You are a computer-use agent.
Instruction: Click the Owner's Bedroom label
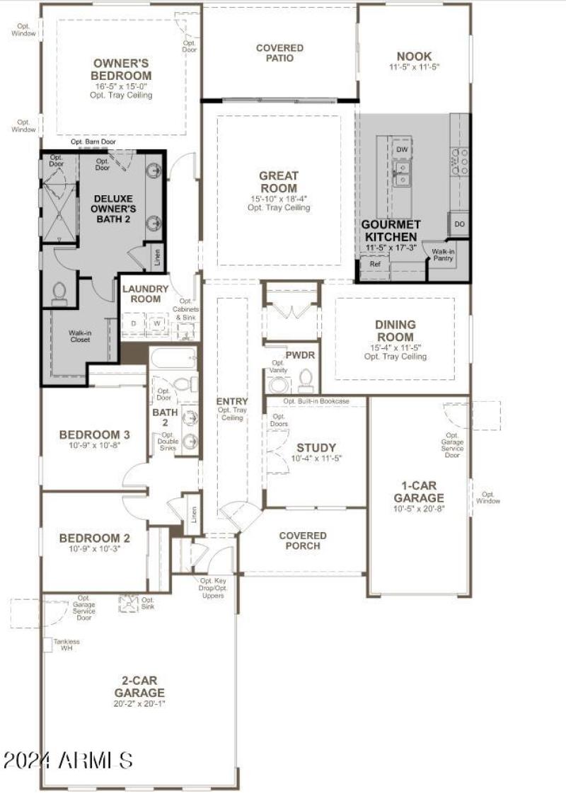pyautogui.click(x=122, y=69)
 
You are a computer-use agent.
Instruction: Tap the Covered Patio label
pyautogui.click(x=279, y=53)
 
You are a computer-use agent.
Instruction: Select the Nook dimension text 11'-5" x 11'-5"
pyautogui.click(x=414, y=68)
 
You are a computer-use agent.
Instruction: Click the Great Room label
pyautogui.click(x=279, y=182)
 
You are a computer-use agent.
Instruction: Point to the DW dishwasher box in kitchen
pyautogui.click(x=402, y=150)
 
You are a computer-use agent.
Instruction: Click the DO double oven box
pyautogui.click(x=459, y=224)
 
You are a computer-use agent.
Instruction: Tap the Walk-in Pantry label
pyautogui.click(x=444, y=255)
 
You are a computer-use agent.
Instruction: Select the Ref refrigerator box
pyautogui.click(x=375, y=263)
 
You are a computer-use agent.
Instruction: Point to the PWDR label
pyautogui.click(x=300, y=354)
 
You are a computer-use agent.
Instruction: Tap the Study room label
pyautogui.click(x=316, y=448)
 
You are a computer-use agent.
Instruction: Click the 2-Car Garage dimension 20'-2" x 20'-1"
pyautogui.click(x=139, y=703)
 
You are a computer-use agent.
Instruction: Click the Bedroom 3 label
pyautogui.click(x=94, y=434)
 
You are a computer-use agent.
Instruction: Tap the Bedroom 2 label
pyautogui.click(x=94, y=537)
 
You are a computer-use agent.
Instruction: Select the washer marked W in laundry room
pyautogui.click(x=158, y=323)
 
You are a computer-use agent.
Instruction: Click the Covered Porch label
pyautogui.click(x=303, y=541)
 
